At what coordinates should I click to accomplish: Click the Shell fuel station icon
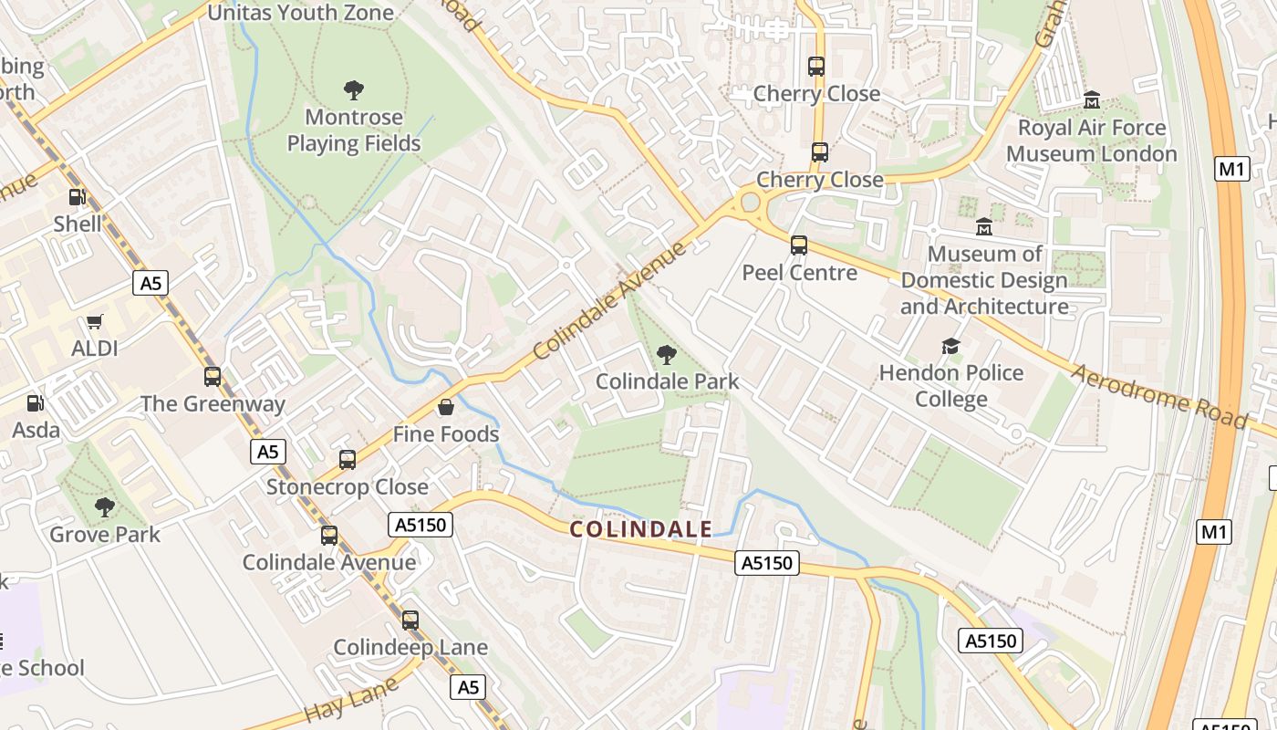tap(78, 197)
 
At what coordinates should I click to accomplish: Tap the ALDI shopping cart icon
tap(94, 322)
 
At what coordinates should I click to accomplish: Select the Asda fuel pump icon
tap(35, 402)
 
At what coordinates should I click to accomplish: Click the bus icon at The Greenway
tap(213, 376)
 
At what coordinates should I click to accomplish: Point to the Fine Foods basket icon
tap(446, 407)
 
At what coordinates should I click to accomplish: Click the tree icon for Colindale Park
tap(667, 354)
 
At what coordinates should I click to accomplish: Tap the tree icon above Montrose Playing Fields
tap(354, 89)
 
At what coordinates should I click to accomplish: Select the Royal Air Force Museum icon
tap(1092, 99)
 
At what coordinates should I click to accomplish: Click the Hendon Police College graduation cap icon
tap(950, 346)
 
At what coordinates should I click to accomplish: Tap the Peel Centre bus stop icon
tap(799, 245)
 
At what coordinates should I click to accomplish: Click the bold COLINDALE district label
tap(641, 529)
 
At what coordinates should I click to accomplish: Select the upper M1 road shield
tap(1231, 169)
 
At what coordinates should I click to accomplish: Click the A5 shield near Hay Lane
tap(467, 687)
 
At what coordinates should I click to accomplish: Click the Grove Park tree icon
tap(105, 506)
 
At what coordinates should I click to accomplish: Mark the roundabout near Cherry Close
tap(751, 202)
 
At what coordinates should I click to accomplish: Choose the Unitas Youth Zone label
tap(301, 13)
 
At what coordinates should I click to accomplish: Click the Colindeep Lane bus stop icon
tap(410, 620)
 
